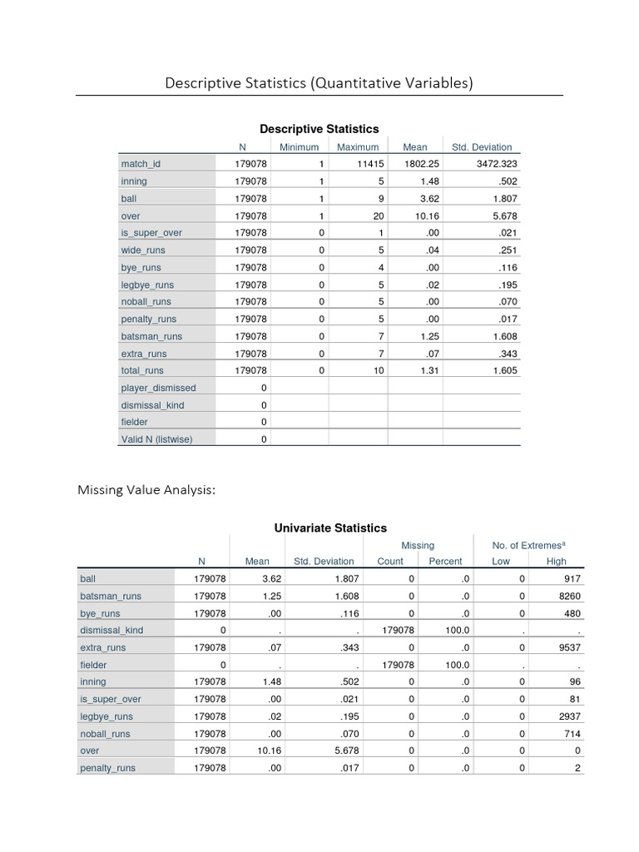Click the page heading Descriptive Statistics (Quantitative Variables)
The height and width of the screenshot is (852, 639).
[x=319, y=82]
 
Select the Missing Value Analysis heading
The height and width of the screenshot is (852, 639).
[x=146, y=490]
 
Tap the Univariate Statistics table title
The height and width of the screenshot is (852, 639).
[x=330, y=528]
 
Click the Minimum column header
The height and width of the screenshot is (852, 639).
[x=299, y=147]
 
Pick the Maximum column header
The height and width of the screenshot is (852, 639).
[x=358, y=147]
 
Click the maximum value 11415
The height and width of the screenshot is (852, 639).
[x=370, y=164]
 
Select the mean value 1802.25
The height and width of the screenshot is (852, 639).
[x=421, y=164]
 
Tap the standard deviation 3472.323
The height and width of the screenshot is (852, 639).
[x=497, y=164]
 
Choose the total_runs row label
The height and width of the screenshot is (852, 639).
[x=142, y=370]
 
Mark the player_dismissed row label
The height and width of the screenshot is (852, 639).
[x=158, y=388]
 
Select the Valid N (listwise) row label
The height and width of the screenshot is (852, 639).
[x=156, y=439]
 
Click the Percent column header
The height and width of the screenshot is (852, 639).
[x=445, y=562]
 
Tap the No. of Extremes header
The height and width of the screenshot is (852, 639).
[x=527, y=545]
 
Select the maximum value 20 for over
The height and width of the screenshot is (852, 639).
[x=379, y=215]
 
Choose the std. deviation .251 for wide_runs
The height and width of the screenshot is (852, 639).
[x=507, y=250]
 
